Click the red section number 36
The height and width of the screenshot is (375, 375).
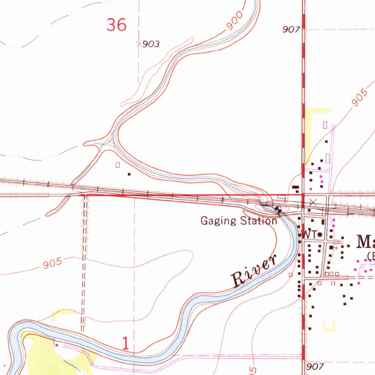click(116, 25)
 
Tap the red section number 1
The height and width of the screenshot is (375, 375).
click(126, 344)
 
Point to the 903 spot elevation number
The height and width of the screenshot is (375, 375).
click(151, 44)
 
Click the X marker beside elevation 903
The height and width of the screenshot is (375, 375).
click(138, 44)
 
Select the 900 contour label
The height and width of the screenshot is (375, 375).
click(234, 21)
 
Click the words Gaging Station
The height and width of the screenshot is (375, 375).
click(238, 221)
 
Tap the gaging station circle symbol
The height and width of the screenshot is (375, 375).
click(278, 210)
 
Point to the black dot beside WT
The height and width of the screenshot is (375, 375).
click(320, 234)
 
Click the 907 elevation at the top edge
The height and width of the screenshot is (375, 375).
click(291, 30)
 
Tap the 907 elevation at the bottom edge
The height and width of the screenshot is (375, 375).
click(314, 366)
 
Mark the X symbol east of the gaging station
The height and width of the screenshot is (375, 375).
click(313, 202)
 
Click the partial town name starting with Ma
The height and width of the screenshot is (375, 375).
click(365, 242)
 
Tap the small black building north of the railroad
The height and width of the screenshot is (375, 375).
click(129, 174)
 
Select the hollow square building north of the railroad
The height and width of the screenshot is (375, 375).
click(118, 165)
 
